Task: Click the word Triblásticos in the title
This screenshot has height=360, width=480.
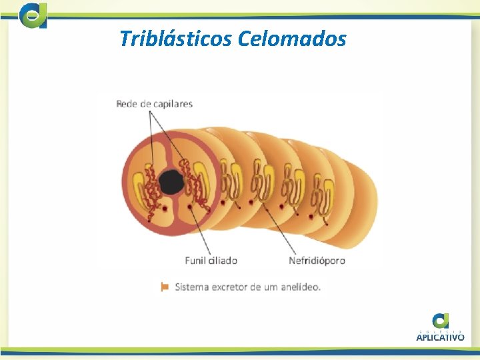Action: click(175, 39)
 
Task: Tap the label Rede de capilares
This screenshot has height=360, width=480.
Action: click(154, 104)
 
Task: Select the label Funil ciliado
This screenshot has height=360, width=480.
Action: click(211, 260)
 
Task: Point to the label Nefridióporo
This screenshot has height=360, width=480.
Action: click(317, 260)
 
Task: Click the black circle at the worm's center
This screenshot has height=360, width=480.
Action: click(172, 181)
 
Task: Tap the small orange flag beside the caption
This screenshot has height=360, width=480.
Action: click(164, 287)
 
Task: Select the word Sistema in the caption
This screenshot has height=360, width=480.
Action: click(192, 287)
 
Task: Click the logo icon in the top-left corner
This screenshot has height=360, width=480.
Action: click(33, 15)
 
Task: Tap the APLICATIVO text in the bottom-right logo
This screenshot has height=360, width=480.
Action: click(440, 337)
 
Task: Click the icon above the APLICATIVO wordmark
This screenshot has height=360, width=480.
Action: click(440, 321)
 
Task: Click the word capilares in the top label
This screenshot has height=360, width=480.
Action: click(172, 104)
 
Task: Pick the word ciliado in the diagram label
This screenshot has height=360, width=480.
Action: click(222, 260)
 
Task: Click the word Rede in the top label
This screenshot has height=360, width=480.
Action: click(127, 104)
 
